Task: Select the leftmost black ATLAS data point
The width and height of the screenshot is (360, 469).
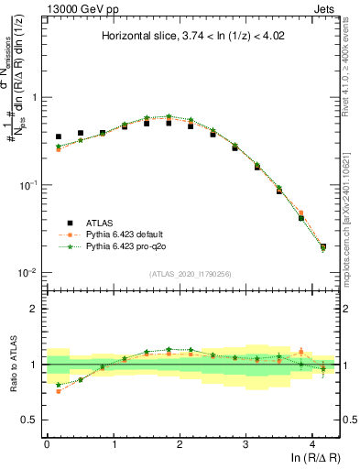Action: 59,136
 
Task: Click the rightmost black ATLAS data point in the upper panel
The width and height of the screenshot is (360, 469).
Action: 323,246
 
